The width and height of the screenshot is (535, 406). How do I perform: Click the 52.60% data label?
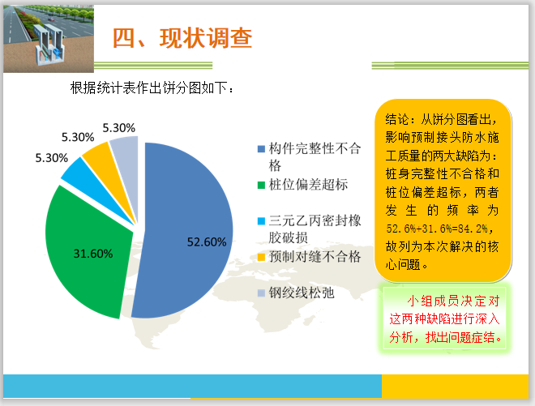pos(206,241)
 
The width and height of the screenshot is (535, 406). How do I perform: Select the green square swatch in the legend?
pos(261,186)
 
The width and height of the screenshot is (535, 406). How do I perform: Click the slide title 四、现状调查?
pos(182,38)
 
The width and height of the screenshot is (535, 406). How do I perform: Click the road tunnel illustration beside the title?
pos(45,36)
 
